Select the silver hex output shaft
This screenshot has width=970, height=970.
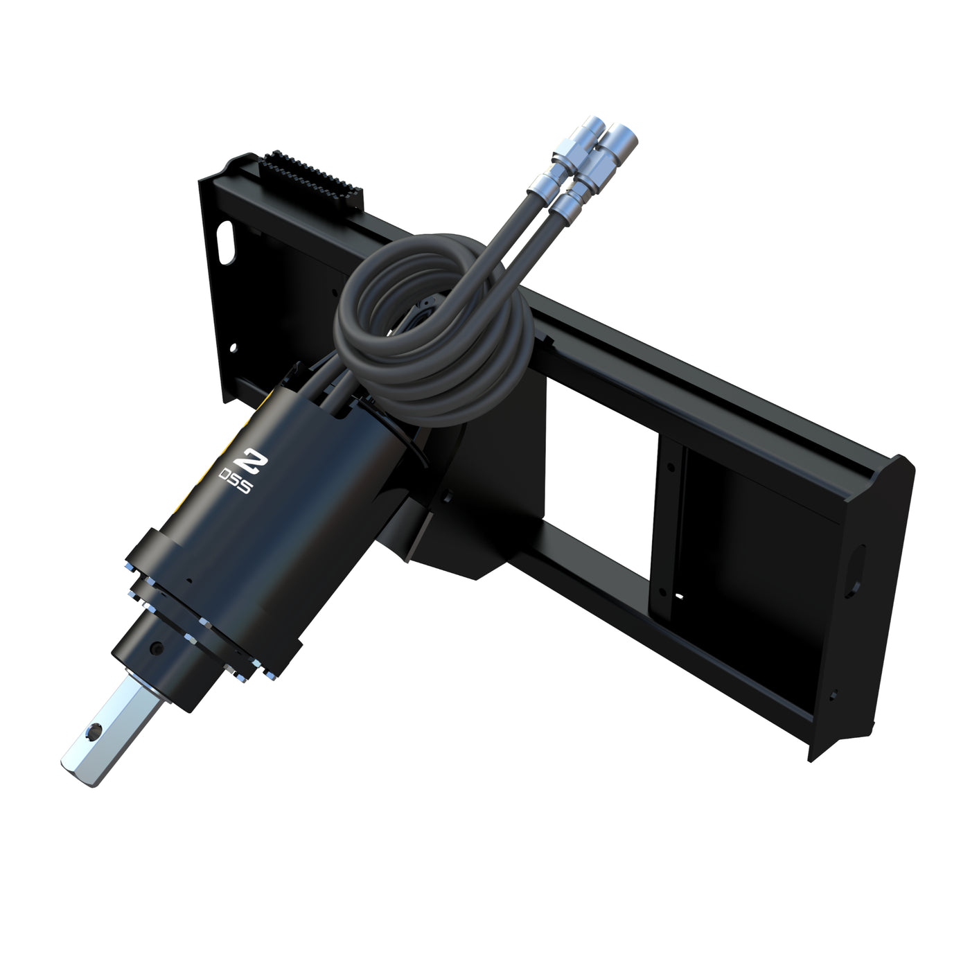tap(97, 727)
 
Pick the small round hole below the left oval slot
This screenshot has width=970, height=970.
tap(233, 348)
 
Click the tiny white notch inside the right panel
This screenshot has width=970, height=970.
tap(679, 595)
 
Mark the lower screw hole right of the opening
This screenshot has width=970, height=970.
tap(662, 593)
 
